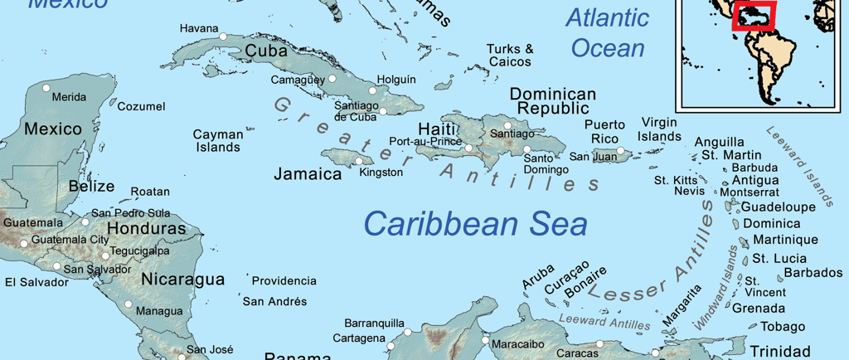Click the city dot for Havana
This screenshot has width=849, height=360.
coord(223,36)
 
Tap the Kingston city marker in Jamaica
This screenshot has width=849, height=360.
coord(359,161)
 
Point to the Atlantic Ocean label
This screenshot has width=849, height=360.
coord(608,32)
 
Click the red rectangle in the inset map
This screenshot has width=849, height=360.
coord(754,17)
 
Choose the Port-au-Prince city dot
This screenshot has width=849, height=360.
coord(468,148)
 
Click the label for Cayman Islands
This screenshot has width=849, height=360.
coord(218,141)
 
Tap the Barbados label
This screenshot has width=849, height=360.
coord(813,273)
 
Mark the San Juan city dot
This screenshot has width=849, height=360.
coord(620,151)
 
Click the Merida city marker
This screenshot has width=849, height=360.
coord(47,88)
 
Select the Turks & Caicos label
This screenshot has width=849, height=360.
coord(510,56)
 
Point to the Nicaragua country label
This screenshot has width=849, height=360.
coord(182,280)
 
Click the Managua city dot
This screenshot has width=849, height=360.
coord(129,304)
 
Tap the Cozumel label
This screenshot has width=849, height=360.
coord(141,107)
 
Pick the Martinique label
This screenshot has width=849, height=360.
coord(784,241)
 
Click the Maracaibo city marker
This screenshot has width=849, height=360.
coord(485,339)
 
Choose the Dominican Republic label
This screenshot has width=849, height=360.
coord(552,101)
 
